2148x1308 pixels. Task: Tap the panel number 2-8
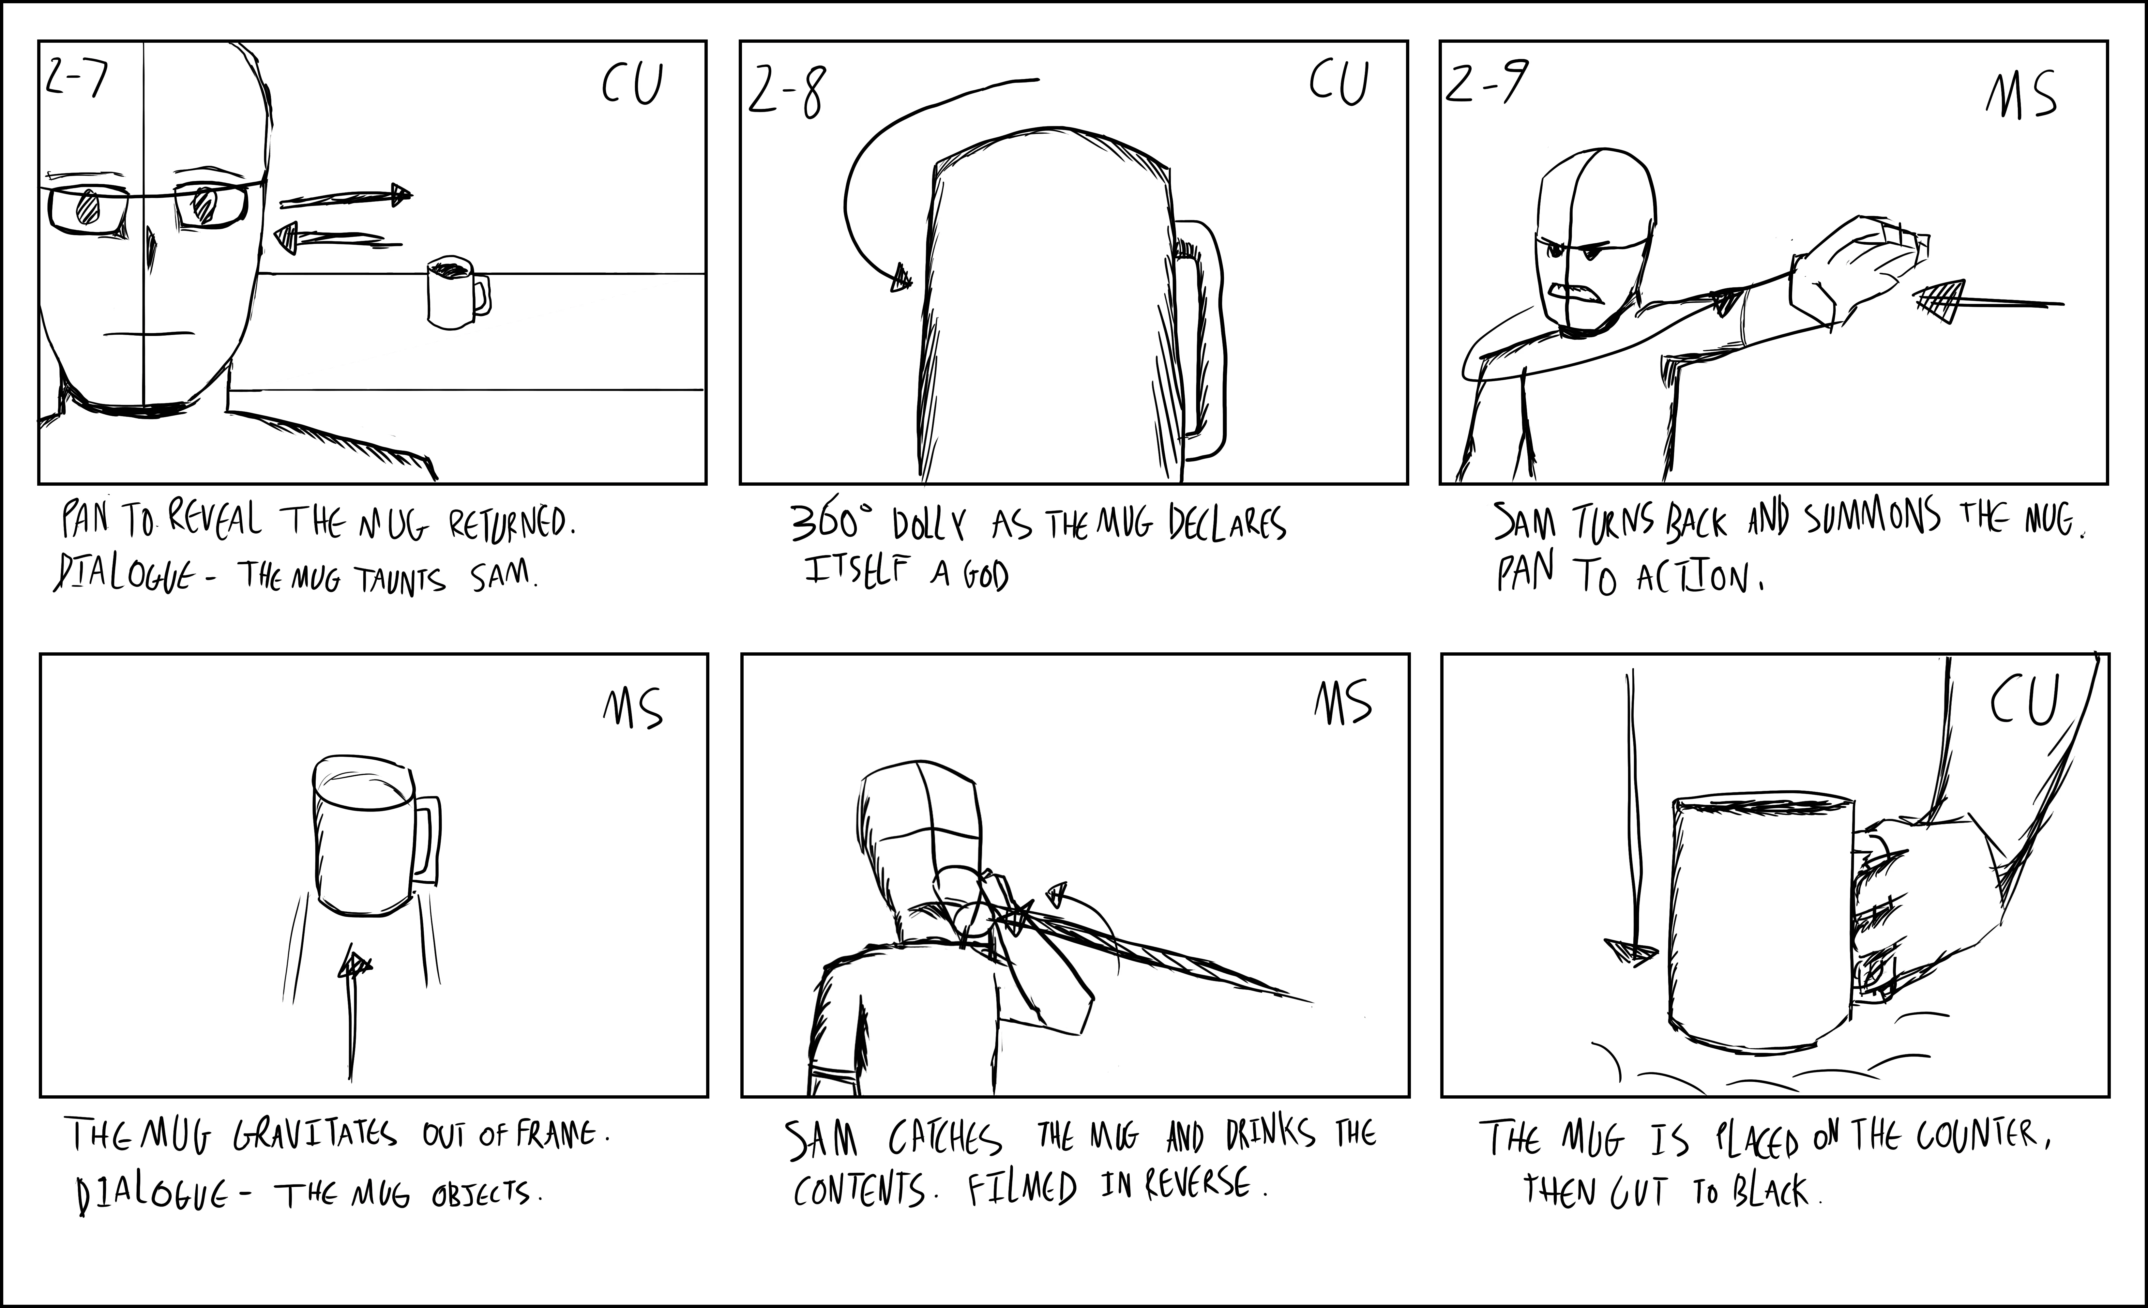click(785, 93)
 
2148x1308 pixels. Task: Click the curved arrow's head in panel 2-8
click(900, 279)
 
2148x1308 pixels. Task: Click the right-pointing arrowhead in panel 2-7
click(400, 194)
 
